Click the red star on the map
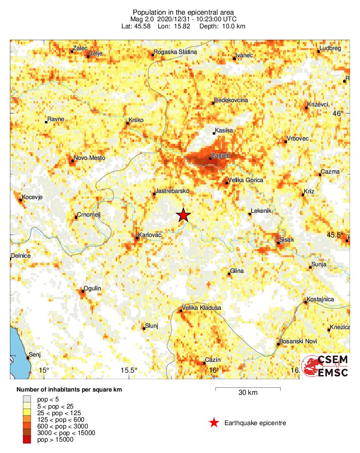[x=183, y=215]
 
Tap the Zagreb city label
[x=221, y=155]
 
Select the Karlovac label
[x=149, y=235]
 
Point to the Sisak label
[x=287, y=240]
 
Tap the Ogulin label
[x=92, y=288]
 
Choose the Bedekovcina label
[x=231, y=100]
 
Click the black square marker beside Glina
[x=229, y=274]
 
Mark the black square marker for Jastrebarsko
[x=154, y=193]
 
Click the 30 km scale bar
[x=248, y=389]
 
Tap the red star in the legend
[x=214, y=423]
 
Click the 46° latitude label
[x=338, y=113]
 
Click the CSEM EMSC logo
[x=326, y=366]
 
